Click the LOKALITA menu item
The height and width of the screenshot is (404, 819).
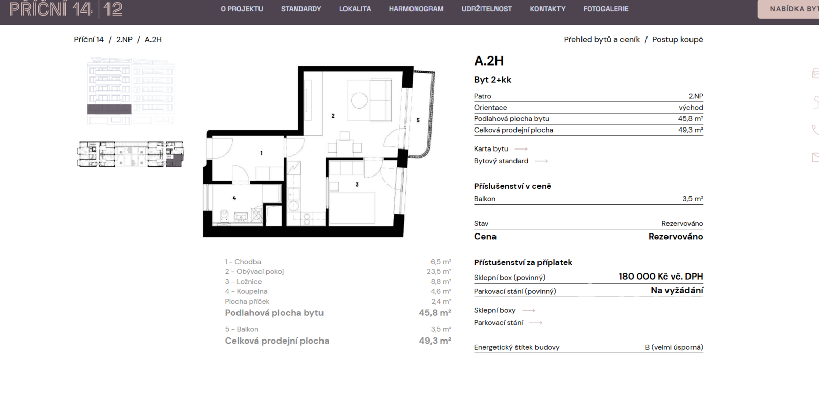point(355,9)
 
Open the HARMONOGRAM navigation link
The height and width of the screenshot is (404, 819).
point(416,9)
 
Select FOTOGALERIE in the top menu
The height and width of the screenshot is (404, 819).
point(606,9)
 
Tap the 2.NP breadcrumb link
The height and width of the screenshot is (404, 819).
point(124,39)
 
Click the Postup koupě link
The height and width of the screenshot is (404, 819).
point(678,39)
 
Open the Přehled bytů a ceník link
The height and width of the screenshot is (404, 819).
point(602,39)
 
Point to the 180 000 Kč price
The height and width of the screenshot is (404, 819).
point(661,277)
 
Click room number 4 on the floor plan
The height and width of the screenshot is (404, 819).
point(234,198)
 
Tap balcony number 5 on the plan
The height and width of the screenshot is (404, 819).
point(418,120)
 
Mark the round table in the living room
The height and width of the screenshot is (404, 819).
point(359,100)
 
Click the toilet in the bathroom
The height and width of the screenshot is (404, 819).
point(224,216)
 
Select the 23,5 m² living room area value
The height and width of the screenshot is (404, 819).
point(439,272)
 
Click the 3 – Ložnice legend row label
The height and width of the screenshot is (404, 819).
point(243,282)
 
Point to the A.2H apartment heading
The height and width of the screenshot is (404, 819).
point(489,61)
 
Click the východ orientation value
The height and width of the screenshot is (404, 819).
point(691,108)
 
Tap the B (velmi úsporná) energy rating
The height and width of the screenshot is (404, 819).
point(674,347)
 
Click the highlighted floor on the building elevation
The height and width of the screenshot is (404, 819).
point(109,109)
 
